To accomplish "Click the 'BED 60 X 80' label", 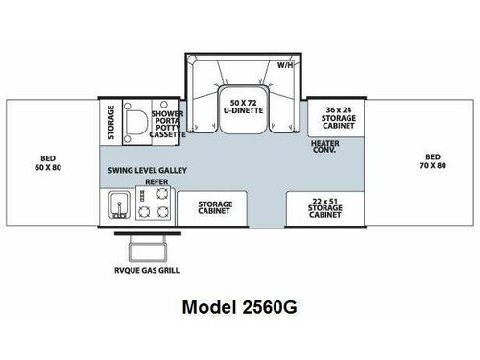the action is coord(48,163).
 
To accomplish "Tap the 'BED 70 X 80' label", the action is coord(433,161).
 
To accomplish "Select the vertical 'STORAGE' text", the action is coord(111,122).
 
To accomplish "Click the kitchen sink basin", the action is coord(119,205).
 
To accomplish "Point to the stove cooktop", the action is coord(154,203).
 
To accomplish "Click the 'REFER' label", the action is coord(156,181).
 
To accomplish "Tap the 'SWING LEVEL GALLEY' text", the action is coord(148,170).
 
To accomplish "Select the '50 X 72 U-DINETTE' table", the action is coord(243,109).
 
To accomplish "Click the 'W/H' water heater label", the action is coord(285,65).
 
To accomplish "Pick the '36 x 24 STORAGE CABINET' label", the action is coord(339,118).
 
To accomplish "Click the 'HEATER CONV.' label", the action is coord(325,147).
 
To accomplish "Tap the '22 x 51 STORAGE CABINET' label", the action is coord(325,208).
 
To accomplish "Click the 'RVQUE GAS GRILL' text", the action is coord(147,270).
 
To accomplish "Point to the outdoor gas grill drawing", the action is coord(148,249).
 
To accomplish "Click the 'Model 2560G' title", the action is coord(239,307).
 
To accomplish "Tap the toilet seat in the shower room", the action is coord(136,122).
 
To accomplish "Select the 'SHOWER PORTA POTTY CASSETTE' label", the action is coord(167,124).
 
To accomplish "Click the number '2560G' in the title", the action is coord(270,307).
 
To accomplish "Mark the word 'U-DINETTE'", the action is coord(243,110).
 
